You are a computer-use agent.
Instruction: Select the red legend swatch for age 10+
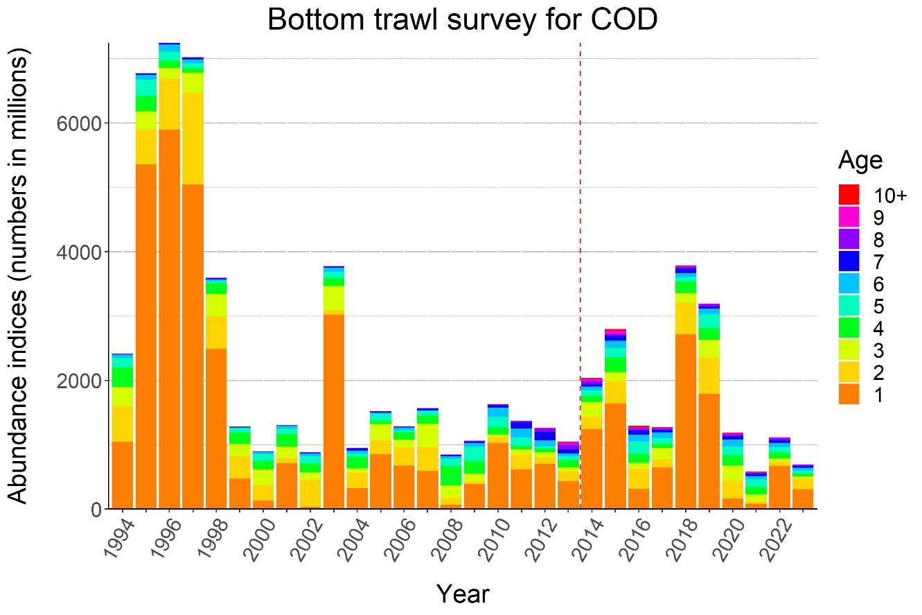(849, 195)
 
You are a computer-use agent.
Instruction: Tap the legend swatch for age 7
(849, 261)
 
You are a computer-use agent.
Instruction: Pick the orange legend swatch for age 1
(849, 395)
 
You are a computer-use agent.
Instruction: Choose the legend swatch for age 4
(849, 328)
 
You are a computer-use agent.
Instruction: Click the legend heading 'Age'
(860, 161)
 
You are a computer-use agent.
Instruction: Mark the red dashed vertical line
(580, 208)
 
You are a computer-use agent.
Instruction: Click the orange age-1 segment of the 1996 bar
(169, 319)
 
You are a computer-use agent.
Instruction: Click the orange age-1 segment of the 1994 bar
(123, 475)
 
